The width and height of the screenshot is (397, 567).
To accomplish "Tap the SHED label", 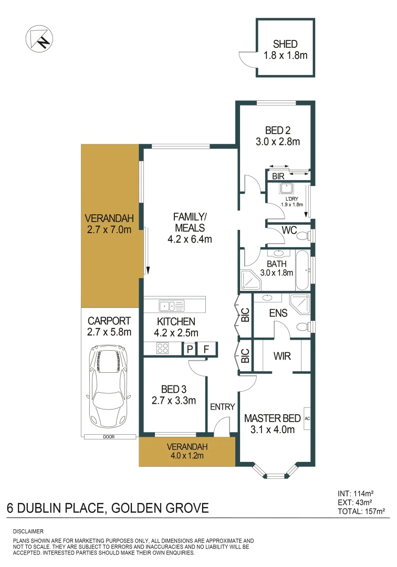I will click(x=285, y=44).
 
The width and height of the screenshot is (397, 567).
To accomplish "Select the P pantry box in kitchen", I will click(x=189, y=349).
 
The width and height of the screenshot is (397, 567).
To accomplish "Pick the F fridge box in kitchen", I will click(x=206, y=349).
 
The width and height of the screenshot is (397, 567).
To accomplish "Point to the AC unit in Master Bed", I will click(x=308, y=418).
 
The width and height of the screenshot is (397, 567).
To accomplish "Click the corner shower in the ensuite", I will click(x=300, y=304).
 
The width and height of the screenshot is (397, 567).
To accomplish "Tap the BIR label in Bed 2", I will click(x=278, y=177).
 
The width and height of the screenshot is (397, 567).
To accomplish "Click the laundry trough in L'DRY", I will click(x=287, y=188).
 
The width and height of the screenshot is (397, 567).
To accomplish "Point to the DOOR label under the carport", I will click(x=109, y=437).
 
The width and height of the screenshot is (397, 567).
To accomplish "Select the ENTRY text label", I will click(x=223, y=407).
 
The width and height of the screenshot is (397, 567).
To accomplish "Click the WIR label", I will click(x=282, y=356).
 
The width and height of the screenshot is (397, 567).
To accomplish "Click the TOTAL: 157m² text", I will click(x=361, y=510).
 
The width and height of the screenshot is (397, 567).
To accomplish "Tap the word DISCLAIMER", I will click(x=28, y=532).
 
